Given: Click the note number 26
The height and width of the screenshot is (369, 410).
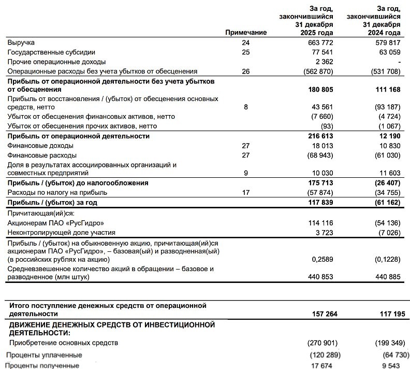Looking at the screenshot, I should point(245,71).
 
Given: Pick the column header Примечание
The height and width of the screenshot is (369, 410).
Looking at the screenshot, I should point(246,32).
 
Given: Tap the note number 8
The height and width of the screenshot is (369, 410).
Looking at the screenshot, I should point(245,107).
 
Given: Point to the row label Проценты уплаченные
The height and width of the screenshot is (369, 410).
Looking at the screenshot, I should point(44,356).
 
